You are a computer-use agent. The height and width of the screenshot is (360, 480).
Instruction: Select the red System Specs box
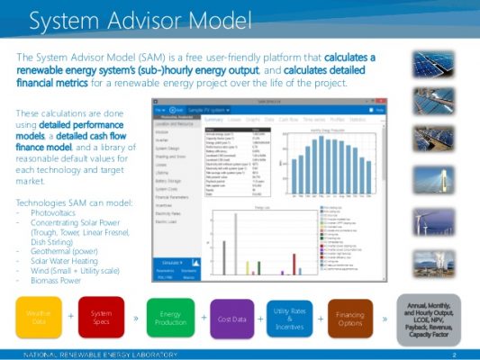[x=102, y=318]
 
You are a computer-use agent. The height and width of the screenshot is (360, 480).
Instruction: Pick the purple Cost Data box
[x=232, y=318]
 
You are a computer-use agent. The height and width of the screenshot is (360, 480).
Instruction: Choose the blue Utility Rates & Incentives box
[x=289, y=318]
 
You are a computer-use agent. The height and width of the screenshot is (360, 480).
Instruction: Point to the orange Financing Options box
[x=350, y=318]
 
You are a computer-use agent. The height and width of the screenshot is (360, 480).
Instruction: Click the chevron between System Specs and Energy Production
[x=135, y=318]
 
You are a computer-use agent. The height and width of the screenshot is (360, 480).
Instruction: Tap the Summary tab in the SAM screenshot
[x=213, y=118]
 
